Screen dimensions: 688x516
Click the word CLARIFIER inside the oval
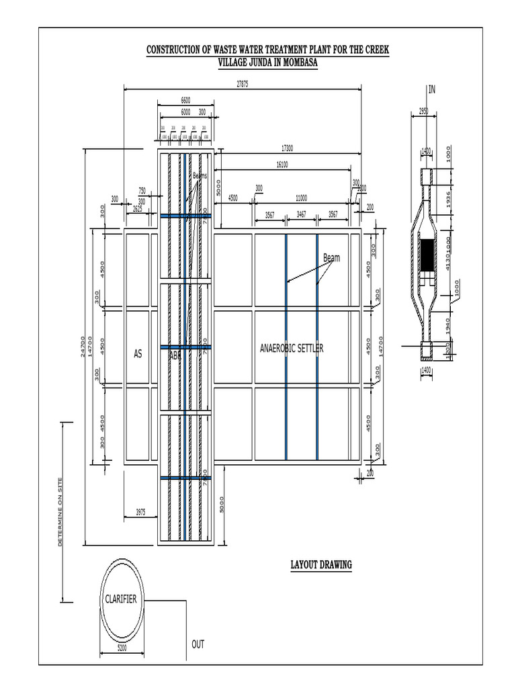(121, 599)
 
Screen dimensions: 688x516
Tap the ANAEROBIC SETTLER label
(292, 349)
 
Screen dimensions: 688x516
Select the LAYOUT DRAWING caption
(320, 564)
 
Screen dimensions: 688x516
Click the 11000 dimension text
(300, 198)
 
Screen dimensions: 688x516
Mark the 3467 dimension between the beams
(301, 215)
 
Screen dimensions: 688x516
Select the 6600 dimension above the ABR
(185, 100)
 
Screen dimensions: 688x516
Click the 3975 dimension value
(140, 512)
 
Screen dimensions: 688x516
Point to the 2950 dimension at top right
(423, 112)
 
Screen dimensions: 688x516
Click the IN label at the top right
(432, 89)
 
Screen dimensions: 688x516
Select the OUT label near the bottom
(198, 644)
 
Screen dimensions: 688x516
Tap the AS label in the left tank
(138, 353)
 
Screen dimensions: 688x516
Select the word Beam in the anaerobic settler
(331, 257)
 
